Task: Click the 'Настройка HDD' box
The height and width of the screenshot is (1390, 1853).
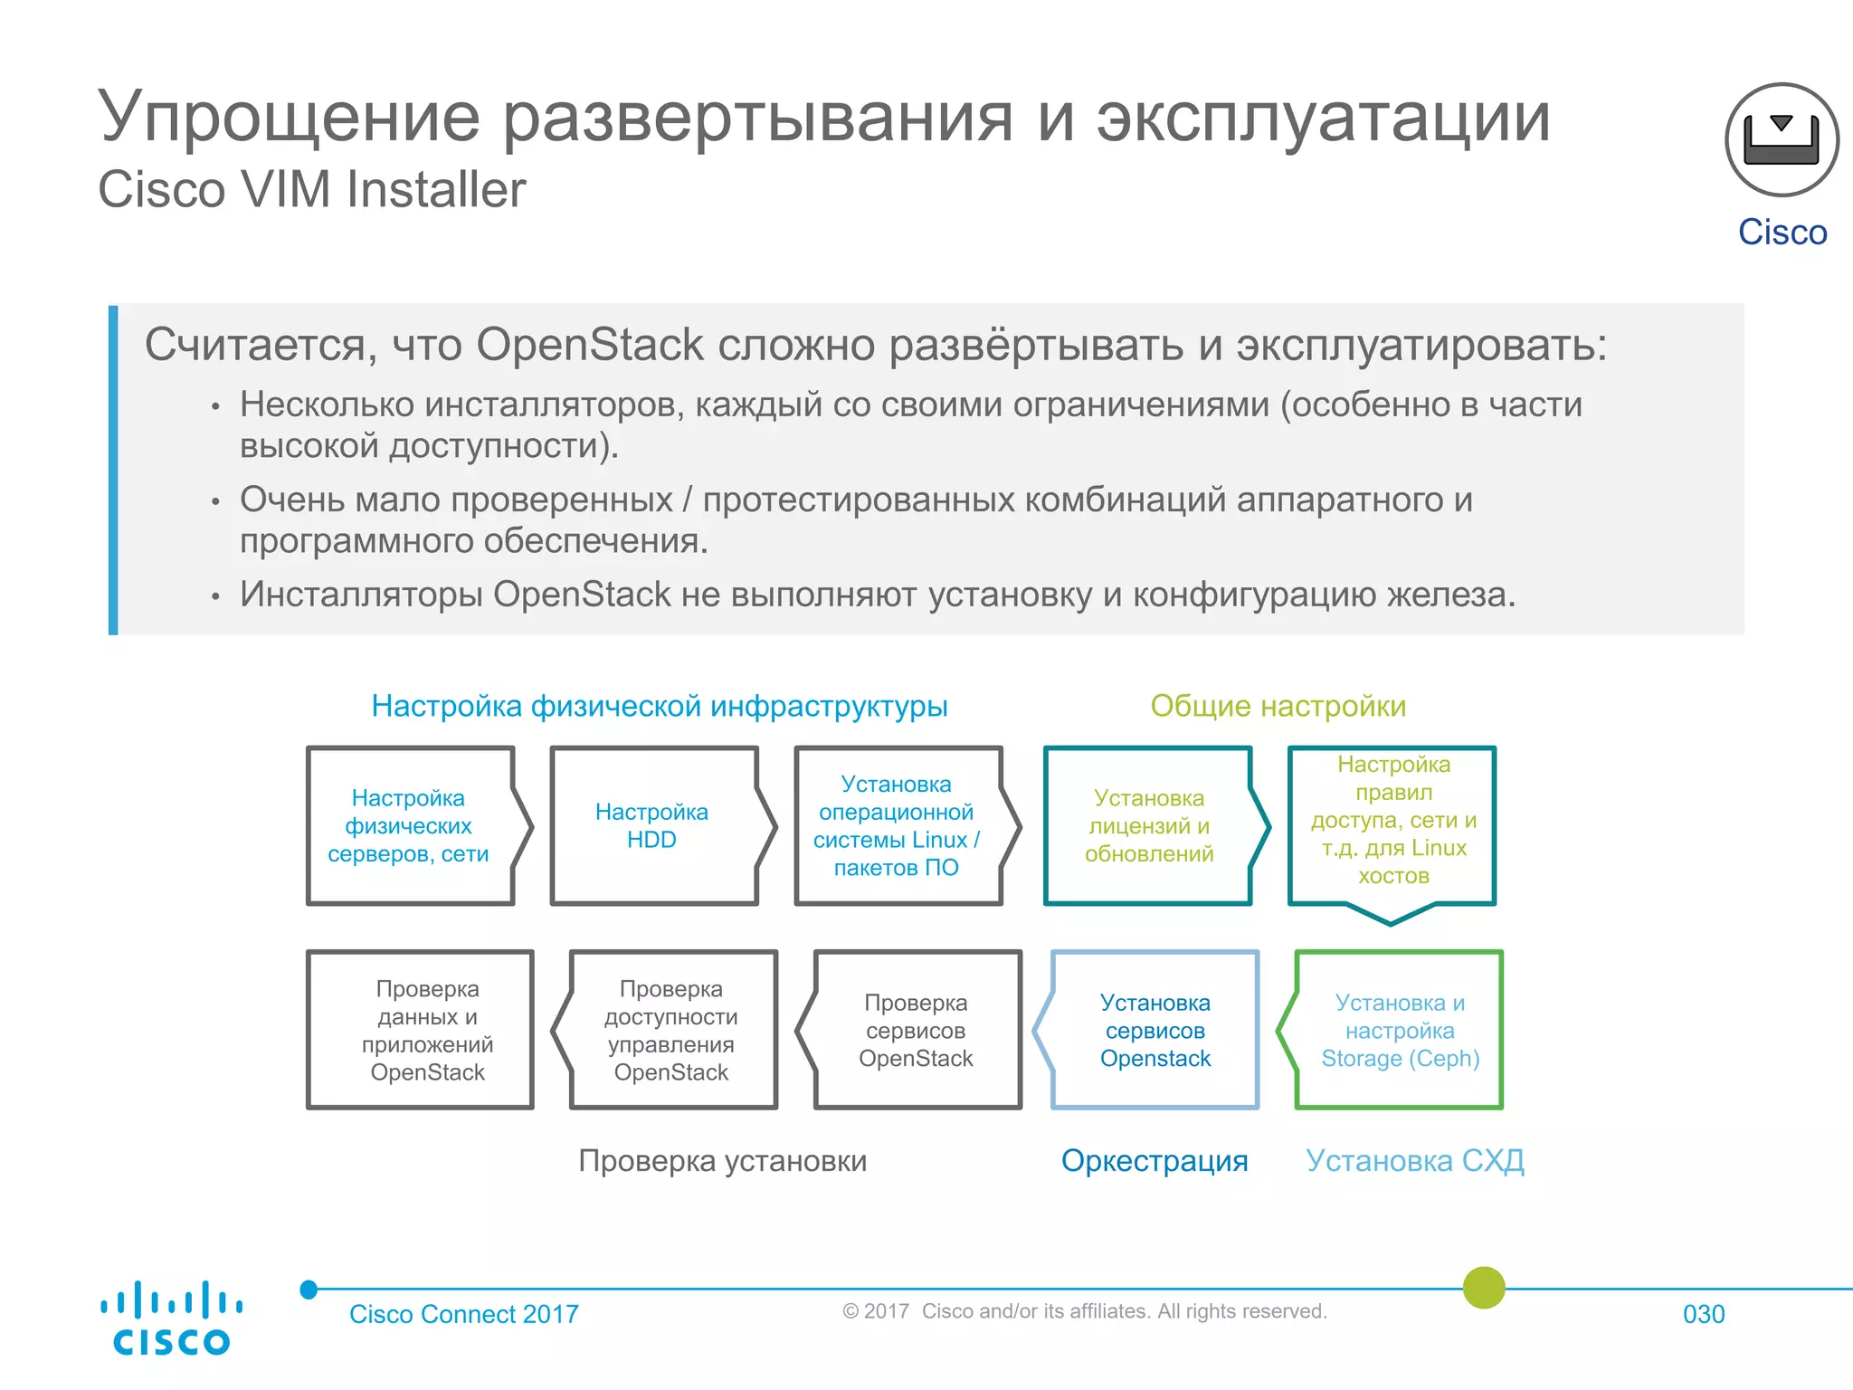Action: [653, 825]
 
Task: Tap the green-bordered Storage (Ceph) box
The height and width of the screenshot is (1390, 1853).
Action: [1399, 1030]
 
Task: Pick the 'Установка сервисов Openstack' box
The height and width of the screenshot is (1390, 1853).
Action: [1155, 1030]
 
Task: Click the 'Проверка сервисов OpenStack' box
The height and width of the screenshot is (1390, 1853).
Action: [916, 1030]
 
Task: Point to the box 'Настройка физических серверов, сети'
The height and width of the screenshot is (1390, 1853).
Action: [409, 825]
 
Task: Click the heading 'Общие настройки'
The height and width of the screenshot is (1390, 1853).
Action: [1278, 706]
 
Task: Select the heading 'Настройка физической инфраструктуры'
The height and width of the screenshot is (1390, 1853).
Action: [659, 706]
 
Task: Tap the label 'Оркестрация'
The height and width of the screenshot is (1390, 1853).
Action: [1155, 1160]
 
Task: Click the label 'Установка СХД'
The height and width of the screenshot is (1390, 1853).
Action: [1415, 1160]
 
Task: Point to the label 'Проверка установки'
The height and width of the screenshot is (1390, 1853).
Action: [722, 1160]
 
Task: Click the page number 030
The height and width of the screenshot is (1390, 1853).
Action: [1703, 1314]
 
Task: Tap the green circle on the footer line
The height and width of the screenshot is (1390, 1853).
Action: [1484, 1288]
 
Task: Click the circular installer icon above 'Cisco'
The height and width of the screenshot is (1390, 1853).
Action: [1782, 140]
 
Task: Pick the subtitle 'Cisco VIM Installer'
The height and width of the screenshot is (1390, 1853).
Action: [311, 190]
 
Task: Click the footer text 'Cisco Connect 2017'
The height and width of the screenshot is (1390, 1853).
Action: [463, 1314]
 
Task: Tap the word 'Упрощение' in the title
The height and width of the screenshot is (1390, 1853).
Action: [290, 118]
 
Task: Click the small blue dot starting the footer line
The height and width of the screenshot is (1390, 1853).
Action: [309, 1290]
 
